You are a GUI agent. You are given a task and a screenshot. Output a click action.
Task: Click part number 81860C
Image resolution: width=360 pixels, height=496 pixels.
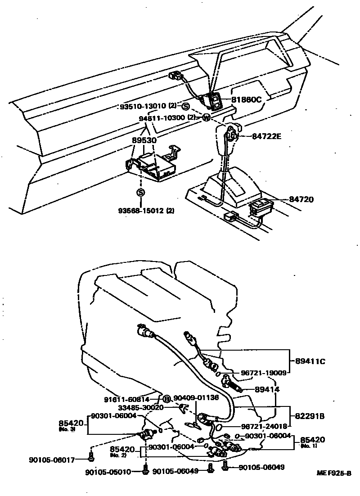pyautogui.click(x=246, y=99)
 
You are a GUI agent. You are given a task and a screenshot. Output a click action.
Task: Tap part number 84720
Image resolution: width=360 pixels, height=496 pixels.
pyautogui.click(x=301, y=199)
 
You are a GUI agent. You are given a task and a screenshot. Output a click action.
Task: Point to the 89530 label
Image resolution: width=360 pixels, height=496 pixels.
pyautogui.click(x=144, y=140)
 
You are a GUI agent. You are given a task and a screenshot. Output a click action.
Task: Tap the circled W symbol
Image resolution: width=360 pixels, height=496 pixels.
pyautogui.click(x=206, y=118)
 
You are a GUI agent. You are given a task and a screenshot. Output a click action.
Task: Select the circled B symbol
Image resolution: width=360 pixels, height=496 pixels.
pyautogui.click(x=166, y=398)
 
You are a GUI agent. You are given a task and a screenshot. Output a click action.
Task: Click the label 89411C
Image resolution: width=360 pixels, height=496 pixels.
pyautogui.click(x=310, y=361)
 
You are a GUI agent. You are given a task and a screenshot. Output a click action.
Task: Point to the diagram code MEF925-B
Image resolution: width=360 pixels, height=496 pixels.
pyautogui.click(x=334, y=473)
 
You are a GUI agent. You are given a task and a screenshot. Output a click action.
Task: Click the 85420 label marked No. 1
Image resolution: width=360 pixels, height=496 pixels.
pyautogui.click(x=313, y=439)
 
